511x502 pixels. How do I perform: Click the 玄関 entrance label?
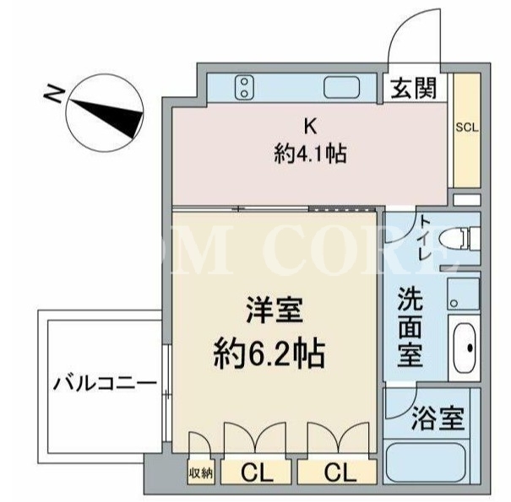pos(413,88)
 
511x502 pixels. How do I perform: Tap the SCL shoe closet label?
pos(467,127)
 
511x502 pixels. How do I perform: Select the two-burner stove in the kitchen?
pos(244,87)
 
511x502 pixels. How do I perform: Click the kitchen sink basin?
pos(341,87)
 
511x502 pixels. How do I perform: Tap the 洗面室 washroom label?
pos(410,327)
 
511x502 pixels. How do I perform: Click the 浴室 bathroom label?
pos(438,418)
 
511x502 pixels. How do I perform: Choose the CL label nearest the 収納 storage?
pos(257,472)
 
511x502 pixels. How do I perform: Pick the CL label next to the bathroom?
pos(340,472)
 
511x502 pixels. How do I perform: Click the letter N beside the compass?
pos(53,94)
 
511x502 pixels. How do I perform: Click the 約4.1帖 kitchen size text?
pos(310,154)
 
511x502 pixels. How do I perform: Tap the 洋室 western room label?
pos(274,310)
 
